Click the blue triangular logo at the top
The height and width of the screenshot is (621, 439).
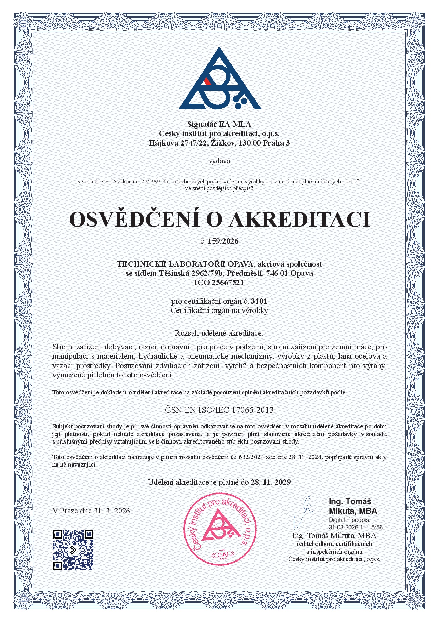pyautogui.click(x=219, y=80)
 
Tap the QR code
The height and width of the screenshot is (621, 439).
pyautogui.click(x=73, y=550)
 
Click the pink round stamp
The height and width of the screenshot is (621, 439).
pyautogui.click(x=219, y=529)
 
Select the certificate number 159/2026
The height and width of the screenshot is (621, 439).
pyautogui.click(x=223, y=241)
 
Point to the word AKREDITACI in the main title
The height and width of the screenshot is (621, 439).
pyautogui.click(x=300, y=219)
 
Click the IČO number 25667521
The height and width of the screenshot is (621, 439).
pyautogui.click(x=228, y=283)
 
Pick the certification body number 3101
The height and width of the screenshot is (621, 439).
pyautogui.click(x=259, y=301)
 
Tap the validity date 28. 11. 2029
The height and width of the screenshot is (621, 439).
pyautogui.click(x=271, y=482)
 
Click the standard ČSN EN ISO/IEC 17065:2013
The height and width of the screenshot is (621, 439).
pyautogui.click(x=219, y=410)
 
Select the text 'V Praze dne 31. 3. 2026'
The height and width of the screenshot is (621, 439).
pyautogui.click(x=91, y=511)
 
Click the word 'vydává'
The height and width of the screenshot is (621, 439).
pyautogui.click(x=219, y=161)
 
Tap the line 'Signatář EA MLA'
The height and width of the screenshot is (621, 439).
pyautogui.click(x=219, y=124)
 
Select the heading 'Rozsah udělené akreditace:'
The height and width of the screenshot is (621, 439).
pyautogui.click(x=219, y=333)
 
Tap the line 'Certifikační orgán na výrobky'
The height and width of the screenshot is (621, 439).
pyautogui.click(x=219, y=310)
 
